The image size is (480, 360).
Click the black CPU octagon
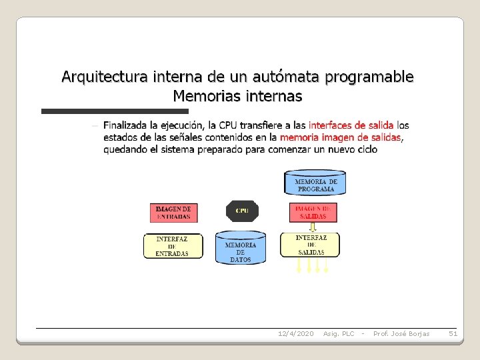[x=242, y=211]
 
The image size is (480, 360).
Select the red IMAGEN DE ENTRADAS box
[x=173, y=212]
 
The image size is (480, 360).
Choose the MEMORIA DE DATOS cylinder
[x=241, y=249]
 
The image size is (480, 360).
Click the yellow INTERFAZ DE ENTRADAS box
[x=172, y=246]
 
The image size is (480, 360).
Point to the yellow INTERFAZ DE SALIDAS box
[x=310, y=245]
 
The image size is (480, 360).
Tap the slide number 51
[x=453, y=333]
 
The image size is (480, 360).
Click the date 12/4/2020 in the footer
[x=295, y=333]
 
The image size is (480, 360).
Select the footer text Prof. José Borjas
[x=401, y=333]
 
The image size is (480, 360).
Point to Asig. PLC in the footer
[x=339, y=333]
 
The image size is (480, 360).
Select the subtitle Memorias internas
[x=237, y=96]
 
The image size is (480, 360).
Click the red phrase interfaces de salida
[x=351, y=125]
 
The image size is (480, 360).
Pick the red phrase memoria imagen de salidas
[x=341, y=137]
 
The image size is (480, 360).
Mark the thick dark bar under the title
[x=115, y=111]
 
